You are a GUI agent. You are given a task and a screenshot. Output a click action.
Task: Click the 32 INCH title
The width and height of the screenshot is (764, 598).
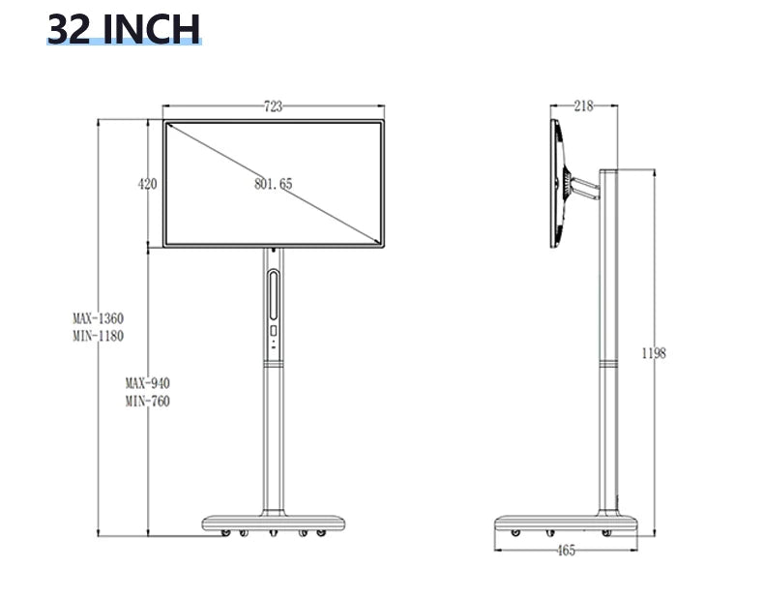click(123, 29)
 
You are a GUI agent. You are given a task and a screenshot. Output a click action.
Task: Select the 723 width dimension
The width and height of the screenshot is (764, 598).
click(274, 107)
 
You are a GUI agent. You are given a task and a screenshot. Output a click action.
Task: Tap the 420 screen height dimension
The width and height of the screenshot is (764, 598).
click(148, 184)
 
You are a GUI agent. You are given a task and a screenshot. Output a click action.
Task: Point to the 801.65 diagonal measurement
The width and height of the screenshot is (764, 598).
click(274, 184)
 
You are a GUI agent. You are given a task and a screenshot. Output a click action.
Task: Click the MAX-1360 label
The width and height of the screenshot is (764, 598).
click(98, 318)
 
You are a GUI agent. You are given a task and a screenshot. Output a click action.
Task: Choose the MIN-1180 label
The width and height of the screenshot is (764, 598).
click(98, 336)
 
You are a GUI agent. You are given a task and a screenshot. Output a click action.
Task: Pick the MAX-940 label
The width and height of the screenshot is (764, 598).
click(147, 383)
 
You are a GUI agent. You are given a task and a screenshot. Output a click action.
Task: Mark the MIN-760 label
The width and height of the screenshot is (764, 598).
click(147, 402)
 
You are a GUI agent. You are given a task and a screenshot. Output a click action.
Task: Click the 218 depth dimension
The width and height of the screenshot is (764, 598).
click(583, 106)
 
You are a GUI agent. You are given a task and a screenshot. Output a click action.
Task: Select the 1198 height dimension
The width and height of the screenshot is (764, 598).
click(654, 353)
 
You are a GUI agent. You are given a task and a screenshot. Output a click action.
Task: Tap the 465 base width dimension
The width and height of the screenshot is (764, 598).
click(567, 551)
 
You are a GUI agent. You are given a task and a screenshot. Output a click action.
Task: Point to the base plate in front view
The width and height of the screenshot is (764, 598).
click(274, 523)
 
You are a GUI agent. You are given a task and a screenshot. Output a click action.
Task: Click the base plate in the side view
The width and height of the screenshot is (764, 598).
click(567, 523)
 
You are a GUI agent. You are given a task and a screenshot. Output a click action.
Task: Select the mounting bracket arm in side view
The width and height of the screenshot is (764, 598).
click(583, 186)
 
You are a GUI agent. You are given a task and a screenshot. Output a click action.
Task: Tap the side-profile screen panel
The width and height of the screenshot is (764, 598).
click(556, 184)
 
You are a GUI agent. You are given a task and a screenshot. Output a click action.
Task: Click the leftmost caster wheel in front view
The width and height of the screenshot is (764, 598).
click(225, 533)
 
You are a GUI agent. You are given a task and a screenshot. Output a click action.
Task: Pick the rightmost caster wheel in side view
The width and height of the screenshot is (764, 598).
click(609, 533)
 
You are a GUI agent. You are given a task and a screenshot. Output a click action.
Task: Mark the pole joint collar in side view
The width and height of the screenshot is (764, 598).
click(609, 364)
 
